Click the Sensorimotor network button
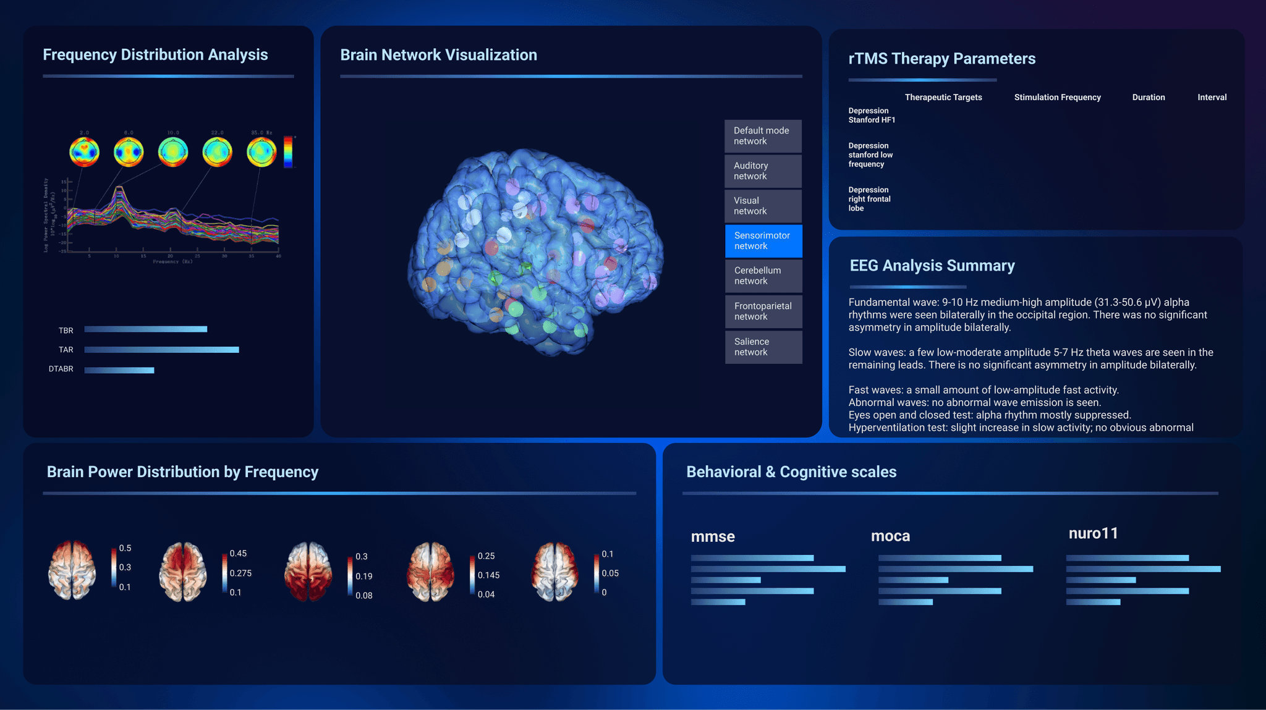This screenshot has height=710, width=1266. click(x=763, y=241)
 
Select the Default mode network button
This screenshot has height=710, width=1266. click(x=763, y=136)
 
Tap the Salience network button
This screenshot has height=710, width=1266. click(x=763, y=347)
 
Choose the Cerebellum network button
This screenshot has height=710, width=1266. click(x=763, y=276)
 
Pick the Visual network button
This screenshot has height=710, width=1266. click(x=763, y=206)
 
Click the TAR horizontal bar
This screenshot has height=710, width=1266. click(x=161, y=350)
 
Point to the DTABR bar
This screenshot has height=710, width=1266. click(x=119, y=370)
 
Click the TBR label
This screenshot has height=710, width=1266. click(x=66, y=331)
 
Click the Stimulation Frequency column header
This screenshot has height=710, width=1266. click(x=1057, y=98)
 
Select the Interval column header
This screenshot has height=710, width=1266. click(x=1212, y=98)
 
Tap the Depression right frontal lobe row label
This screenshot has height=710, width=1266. click(x=869, y=199)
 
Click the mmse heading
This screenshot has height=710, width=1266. click(x=713, y=536)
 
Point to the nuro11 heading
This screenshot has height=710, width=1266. click(x=1093, y=533)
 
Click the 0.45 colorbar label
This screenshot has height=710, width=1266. click(x=238, y=554)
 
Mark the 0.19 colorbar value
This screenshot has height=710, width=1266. click(x=363, y=577)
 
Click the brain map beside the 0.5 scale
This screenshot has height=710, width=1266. click(x=72, y=570)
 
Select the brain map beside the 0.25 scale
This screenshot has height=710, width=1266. click(x=431, y=571)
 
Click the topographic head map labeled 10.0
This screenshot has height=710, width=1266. click(x=172, y=152)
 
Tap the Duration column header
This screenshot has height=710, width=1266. click(x=1148, y=98)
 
